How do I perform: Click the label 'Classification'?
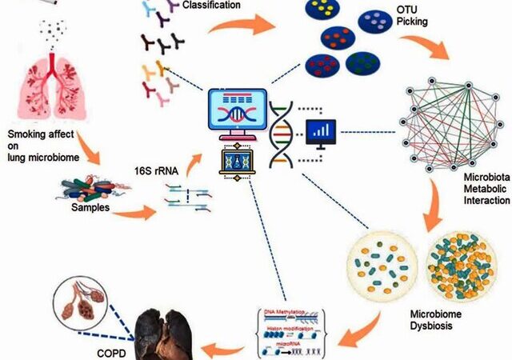214,6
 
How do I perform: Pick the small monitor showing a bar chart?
322,134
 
